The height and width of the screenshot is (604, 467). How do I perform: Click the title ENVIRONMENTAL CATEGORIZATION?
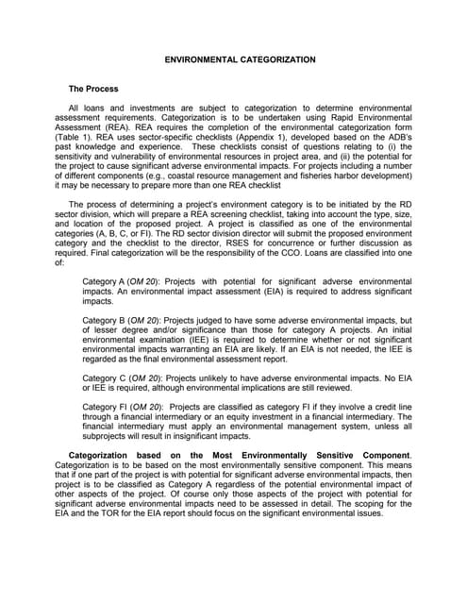coord(240,59)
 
